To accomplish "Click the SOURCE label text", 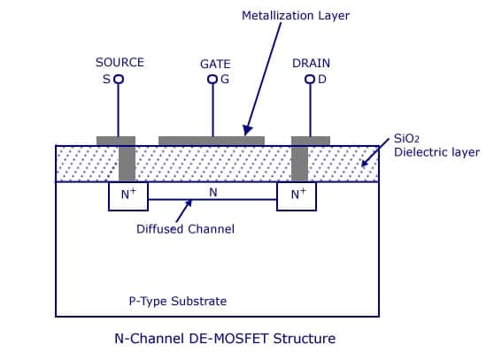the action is (120, 62).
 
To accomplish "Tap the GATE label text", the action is (215, 65).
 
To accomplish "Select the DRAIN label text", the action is (311, 64).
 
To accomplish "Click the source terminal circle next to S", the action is (119, 79).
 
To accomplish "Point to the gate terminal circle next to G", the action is (212, 79).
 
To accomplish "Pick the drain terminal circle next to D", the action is (310, 79).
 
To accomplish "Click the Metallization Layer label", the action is (296, 16).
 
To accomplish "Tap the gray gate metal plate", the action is (212, 141).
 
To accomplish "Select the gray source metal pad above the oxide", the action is (116, 141).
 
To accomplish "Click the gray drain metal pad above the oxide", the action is (311, 141).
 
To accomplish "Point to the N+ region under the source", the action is (128, 196).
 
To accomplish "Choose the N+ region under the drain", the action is (297, 196).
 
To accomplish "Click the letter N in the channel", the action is (213, 193).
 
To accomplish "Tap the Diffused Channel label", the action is (185, 229).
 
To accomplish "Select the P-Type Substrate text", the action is (178, 301).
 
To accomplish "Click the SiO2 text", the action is (406, 139).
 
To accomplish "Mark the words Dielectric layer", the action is (436, 152).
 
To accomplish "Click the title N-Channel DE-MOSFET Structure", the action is (225, 339).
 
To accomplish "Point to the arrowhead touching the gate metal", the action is (248, 130).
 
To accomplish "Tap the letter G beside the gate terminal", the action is (225, 80).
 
